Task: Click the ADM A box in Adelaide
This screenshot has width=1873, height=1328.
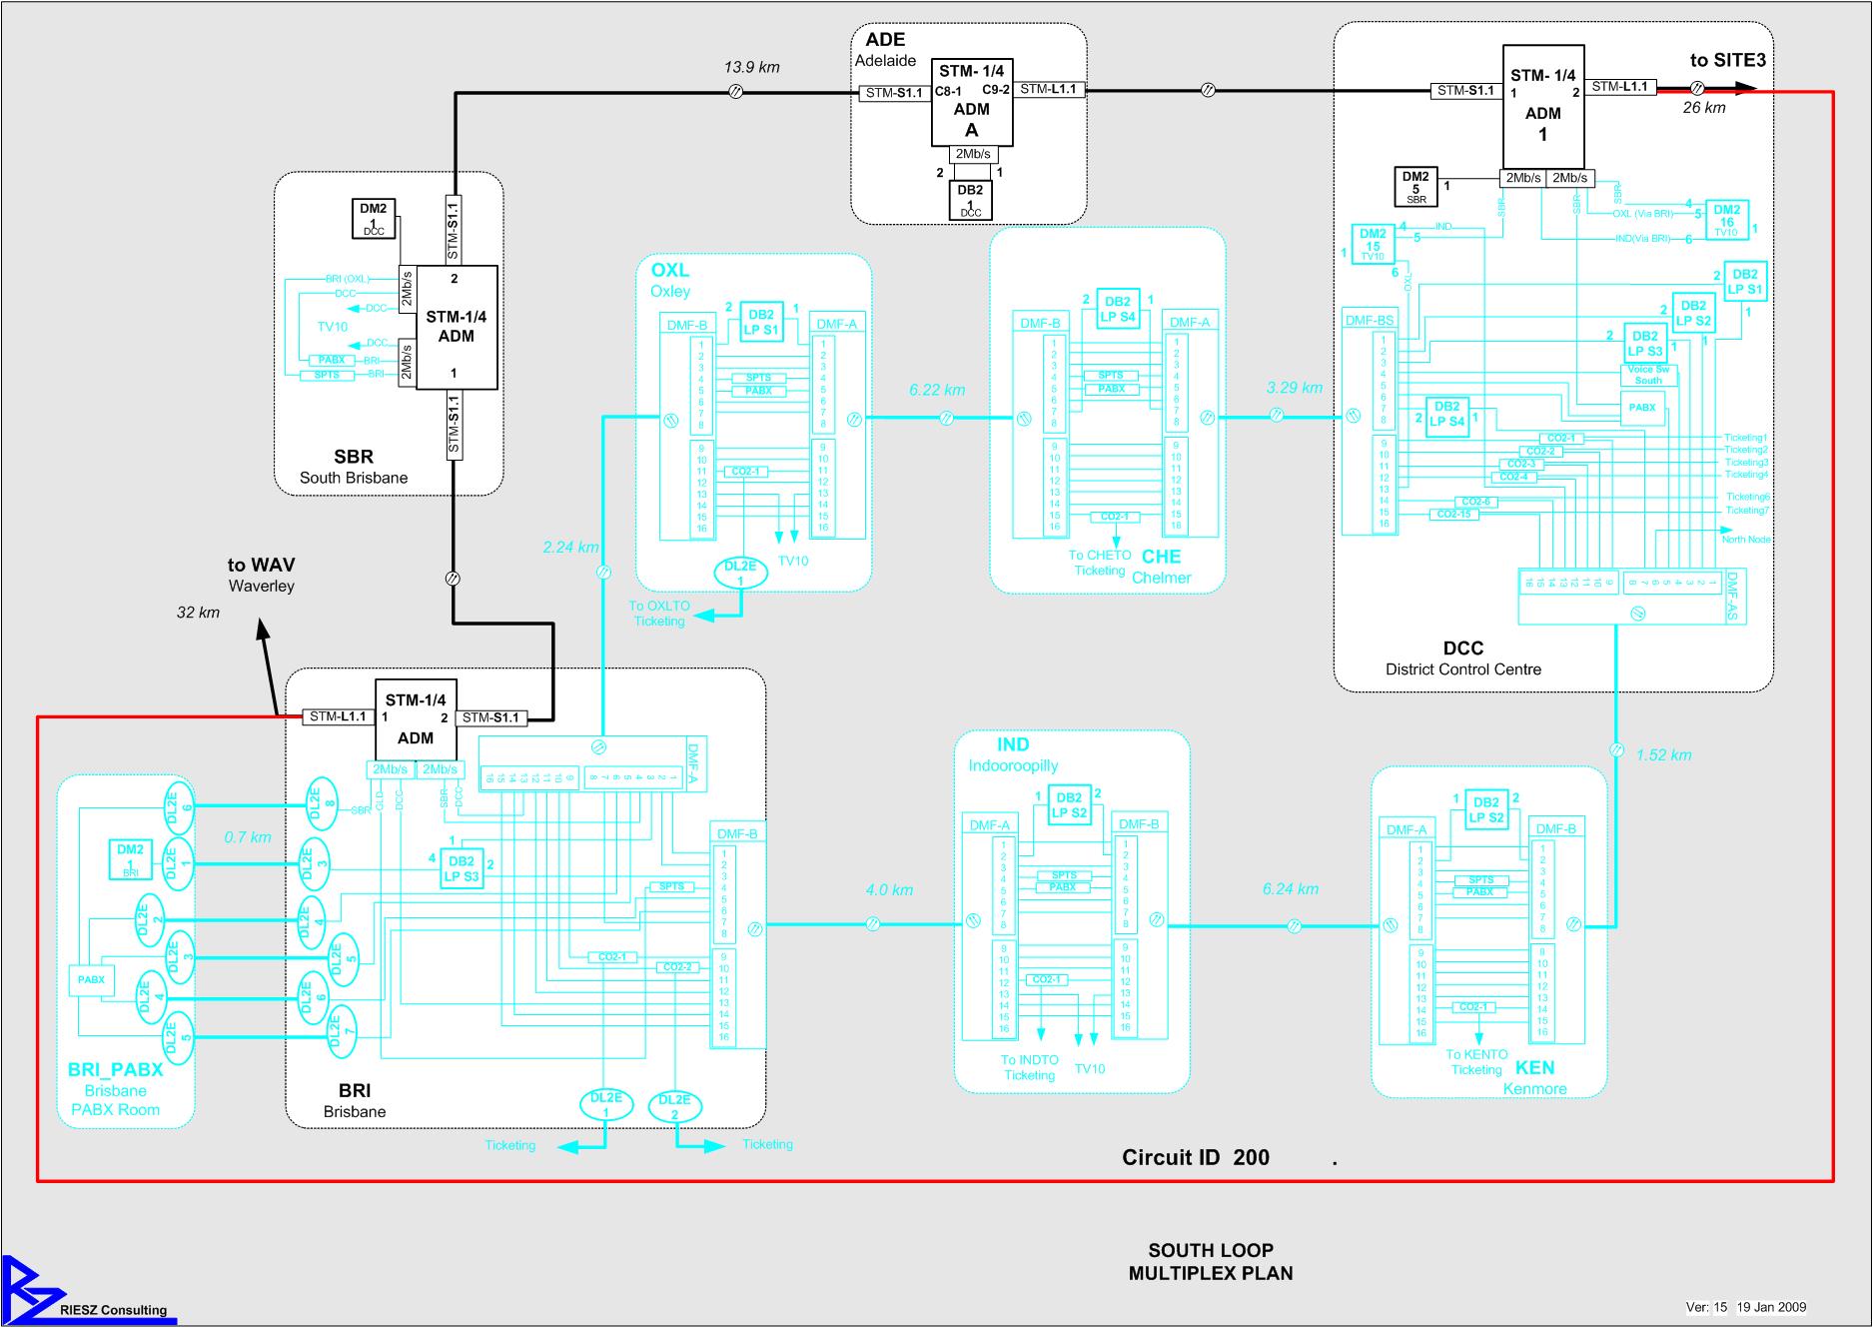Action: tap(971, 102)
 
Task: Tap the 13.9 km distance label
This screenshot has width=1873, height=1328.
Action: tap(751, 68)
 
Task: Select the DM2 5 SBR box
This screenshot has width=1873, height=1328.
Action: tap(1415, 187)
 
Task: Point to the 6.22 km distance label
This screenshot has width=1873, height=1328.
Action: tap(936, 390)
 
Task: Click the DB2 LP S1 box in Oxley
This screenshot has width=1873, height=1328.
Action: tap(760, 322)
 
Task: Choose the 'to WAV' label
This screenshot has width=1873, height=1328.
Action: tap(261, 566)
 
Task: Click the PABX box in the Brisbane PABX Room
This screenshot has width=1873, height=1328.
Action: tap(91, 980)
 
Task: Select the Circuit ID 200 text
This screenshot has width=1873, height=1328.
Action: tap(1195, 1158)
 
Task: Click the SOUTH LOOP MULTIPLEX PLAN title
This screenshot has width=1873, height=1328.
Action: tap(1211, 1262)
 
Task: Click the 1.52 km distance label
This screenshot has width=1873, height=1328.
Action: tap(1663, 755)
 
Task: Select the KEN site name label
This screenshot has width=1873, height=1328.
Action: tap(1534, 1068)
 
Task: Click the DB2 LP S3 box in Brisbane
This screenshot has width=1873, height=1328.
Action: tap(462, 869)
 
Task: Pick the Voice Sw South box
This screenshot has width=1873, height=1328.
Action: tap(1648, 375)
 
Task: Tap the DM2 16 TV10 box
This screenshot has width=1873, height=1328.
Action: tap(1726, 220)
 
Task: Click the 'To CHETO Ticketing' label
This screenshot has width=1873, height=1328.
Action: tap(1099, 563)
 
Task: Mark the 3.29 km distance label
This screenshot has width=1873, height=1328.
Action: tap(1294, 388)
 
